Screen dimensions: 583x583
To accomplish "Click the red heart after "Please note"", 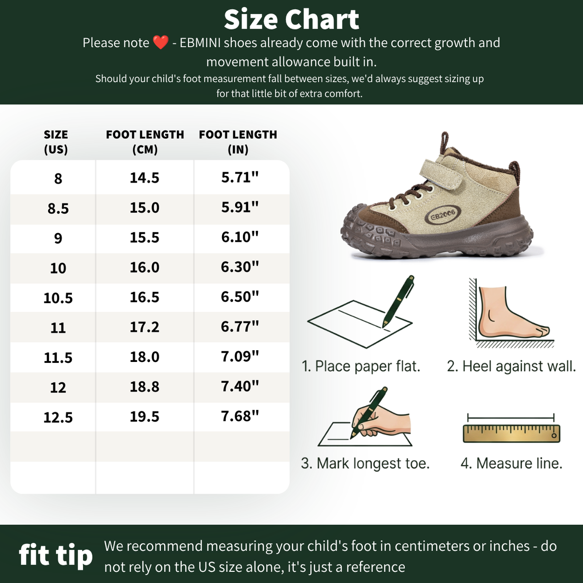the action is (161, 42).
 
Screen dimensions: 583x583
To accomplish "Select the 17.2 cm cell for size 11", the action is (144, 327).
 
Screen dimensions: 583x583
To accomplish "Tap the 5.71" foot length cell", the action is (240, 177).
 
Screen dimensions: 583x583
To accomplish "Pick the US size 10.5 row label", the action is (58, 298).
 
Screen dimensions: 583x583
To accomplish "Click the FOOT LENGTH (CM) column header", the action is (145, 142).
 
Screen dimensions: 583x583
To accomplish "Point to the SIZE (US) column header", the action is (56, 142).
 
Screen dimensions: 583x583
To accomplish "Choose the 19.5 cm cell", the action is (144, 416).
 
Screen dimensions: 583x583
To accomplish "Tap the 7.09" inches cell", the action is (240, 357).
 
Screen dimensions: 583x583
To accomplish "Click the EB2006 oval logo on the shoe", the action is (443, 215).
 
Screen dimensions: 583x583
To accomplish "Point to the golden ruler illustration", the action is (511, 433).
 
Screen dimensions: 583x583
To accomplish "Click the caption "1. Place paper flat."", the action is (361, 366).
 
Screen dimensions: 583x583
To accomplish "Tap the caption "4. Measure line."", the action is (511, 463).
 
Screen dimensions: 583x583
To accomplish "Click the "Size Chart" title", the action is (291, 19).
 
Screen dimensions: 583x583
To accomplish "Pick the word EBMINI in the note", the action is (200, 43).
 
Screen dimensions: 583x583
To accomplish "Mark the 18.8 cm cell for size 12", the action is (144, 387).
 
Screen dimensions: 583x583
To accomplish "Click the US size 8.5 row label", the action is (58, 208).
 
